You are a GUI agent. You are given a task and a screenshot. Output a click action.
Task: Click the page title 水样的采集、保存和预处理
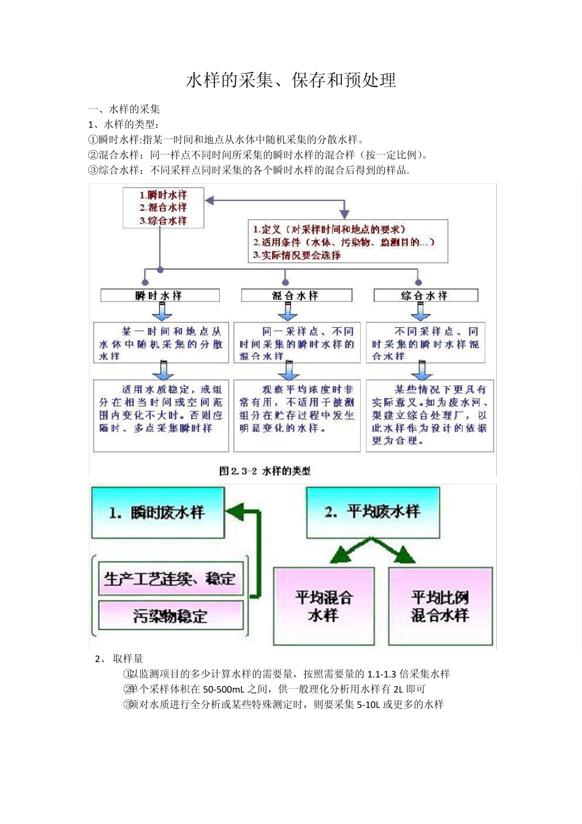click(291, 80)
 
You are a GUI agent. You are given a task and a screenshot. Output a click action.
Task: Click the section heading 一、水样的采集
click(124, 109)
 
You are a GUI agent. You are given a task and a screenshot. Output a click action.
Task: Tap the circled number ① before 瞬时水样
click(93, 140)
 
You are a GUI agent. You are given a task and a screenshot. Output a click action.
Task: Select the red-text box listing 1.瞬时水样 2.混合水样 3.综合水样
click(163, 208)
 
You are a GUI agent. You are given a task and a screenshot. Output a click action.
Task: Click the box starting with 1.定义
click(347, 242)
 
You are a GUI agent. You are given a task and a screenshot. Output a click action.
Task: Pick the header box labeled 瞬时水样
click(160, 296)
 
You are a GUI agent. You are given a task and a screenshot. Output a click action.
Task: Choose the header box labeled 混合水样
click(297, 296)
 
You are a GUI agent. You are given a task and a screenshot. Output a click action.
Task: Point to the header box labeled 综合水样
click(425, 296)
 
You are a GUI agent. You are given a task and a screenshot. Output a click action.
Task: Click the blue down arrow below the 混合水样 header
click(288, 311)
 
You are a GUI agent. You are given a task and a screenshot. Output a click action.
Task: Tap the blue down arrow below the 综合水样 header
click(420, 311)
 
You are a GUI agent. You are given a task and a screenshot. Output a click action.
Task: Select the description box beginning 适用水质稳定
click(161, 416)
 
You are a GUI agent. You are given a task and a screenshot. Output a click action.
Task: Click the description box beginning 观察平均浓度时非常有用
click(297, 416)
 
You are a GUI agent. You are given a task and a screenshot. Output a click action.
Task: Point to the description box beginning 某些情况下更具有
click(429, 416)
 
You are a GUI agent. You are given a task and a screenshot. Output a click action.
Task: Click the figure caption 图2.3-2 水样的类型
click(265, 471)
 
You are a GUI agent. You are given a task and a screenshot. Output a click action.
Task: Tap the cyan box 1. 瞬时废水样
click(157, 513)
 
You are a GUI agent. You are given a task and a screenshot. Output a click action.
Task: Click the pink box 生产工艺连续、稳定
click(170, 579)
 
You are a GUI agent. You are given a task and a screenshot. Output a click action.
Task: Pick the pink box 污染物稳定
click(170, 615)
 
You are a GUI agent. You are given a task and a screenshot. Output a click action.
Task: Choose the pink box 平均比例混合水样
click(440, 606)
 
